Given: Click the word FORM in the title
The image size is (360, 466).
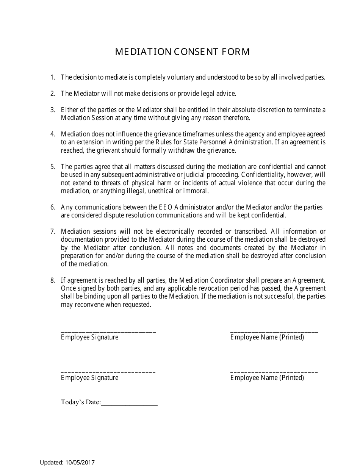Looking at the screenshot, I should pos(238,52).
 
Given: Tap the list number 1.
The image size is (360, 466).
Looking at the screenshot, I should pos(53,77).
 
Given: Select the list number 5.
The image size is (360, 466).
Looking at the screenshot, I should pos(53,167).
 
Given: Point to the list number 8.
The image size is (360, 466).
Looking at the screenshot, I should pos(53,280).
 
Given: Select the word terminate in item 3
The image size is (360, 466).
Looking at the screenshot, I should pos(306,110).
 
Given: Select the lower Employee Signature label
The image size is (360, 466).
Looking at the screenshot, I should pos(89,378).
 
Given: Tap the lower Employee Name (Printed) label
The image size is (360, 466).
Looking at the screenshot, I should pos(267,378).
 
